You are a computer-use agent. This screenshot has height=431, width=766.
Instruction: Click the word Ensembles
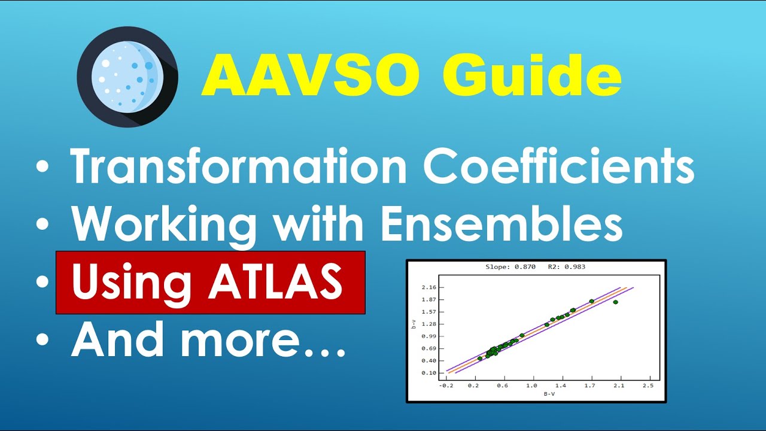[501, 224]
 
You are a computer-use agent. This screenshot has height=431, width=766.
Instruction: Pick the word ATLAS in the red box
[275, 282]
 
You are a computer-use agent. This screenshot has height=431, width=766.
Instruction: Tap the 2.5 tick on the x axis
[648, 386]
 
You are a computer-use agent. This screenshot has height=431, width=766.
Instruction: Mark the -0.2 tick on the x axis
[446, 386]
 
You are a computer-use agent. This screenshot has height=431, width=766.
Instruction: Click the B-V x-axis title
[549, 393]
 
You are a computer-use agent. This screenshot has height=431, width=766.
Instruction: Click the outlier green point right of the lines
[615, 302]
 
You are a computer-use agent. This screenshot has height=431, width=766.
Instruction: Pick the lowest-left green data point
[480, 359]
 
